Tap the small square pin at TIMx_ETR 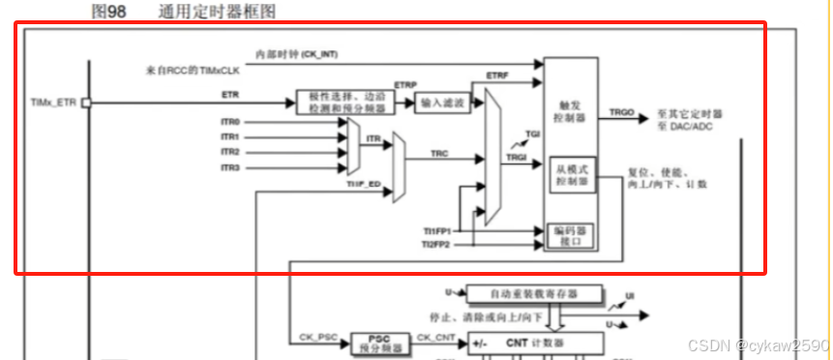pos(85,102)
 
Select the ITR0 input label pos(230,122)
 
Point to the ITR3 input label pos(230,168)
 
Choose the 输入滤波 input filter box pos(442,103)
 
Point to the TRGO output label pos(622,113)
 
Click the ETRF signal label pos(497,75)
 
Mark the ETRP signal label pos(405,85)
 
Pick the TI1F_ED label pos(364,182)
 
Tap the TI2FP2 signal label pos(436,245)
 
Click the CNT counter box pos(533,343)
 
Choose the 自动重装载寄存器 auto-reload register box pos(533,292)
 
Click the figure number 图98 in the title pos(105,11)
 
